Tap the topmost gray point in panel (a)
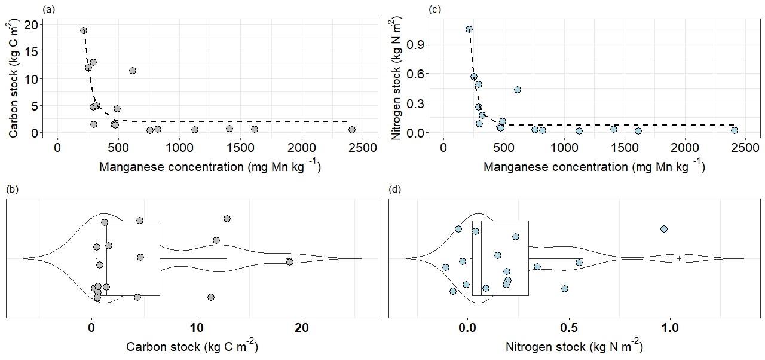pos(84,30)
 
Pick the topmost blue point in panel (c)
pos(469,29)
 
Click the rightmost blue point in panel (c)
pos(735,130)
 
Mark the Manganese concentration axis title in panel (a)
pos(209,167)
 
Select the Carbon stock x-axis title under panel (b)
pos(192,347)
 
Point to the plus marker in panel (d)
pos(679,258)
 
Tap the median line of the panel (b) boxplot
pos(106,258)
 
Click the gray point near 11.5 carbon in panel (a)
pos(133,71)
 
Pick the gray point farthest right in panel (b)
pos(290,262)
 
